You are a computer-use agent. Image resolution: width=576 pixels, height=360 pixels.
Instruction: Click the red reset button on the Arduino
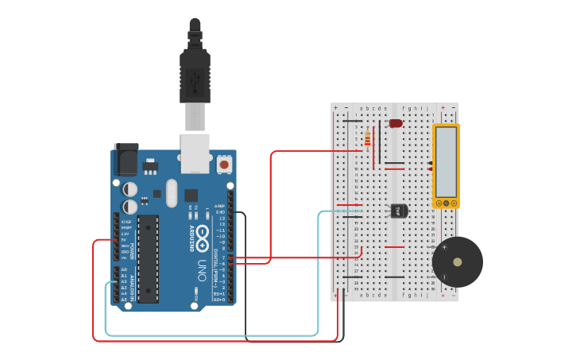pos(224,165)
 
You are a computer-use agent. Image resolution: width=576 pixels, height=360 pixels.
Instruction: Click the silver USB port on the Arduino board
pos(195,153)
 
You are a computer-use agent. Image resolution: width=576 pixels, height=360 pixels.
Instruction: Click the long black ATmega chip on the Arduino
pos(148,258)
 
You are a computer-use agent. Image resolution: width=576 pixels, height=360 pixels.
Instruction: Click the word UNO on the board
pos(202,266)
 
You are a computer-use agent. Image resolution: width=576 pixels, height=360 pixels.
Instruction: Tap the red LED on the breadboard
pos(395,123)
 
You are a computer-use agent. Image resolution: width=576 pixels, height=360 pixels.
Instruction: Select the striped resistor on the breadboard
pos(366,139)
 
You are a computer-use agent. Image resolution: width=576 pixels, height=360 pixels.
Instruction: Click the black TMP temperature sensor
pos(399,211)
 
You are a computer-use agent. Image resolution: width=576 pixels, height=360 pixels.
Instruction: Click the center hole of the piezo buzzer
pos(458,261)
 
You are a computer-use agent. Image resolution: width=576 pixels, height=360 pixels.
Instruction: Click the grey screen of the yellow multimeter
pos(446,161)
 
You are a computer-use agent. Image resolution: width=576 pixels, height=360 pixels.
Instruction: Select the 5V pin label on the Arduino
pos(124,240)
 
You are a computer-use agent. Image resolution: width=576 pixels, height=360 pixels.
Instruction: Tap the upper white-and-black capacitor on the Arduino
pos(130,189)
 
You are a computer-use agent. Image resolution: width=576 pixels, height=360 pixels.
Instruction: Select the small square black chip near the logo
pos(191,195)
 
